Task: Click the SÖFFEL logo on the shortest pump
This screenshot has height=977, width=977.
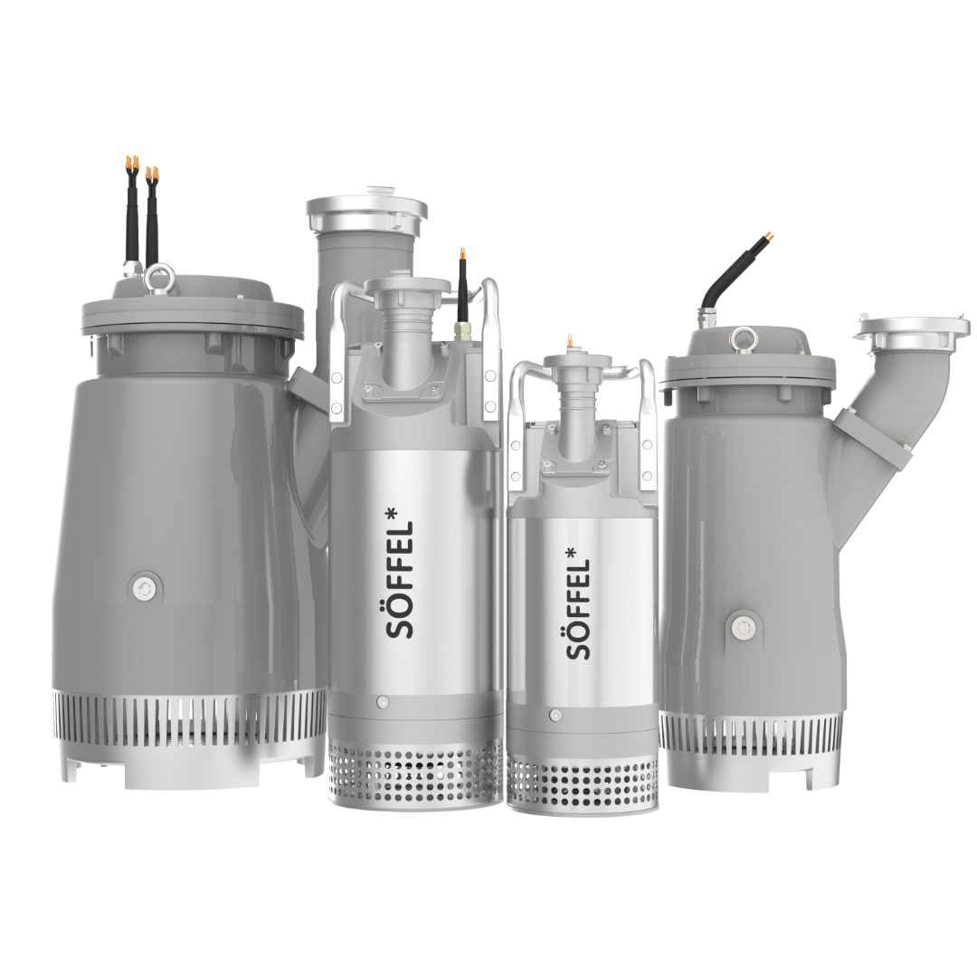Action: (577, 604)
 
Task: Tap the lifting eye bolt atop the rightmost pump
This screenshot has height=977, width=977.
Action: (741, 339)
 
